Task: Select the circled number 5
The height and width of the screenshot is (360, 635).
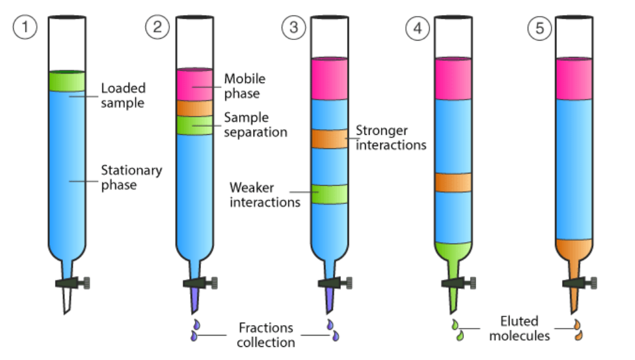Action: click(x=539, y=28)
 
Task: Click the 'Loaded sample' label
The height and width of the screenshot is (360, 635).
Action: click(x=122, y=95)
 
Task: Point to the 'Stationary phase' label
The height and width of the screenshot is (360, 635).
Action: click(x=131, y=177)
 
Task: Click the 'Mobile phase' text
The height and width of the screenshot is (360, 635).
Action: click(x=245, y=86)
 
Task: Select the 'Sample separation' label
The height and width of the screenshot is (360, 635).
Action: click(x=255, y=125)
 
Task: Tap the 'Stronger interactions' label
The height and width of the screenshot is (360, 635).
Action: click(x=391, y=138)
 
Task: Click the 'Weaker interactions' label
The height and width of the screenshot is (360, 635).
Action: click(x=265, y=195)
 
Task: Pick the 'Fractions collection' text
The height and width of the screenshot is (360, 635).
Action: click(x=265, y=335)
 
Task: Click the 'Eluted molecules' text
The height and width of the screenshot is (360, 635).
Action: click(x=519, y=329)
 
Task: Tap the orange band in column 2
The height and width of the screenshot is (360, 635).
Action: click(x=194, y=108)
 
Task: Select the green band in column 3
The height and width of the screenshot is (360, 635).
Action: click(x=329, y=194)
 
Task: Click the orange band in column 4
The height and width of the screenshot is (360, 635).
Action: click(x=453, y=183)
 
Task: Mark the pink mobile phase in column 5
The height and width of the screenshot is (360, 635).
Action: click(x=573, y=79)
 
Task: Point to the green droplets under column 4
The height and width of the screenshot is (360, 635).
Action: click(x=459, y=330)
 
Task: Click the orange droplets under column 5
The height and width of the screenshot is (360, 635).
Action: click(x=578, y=330)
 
